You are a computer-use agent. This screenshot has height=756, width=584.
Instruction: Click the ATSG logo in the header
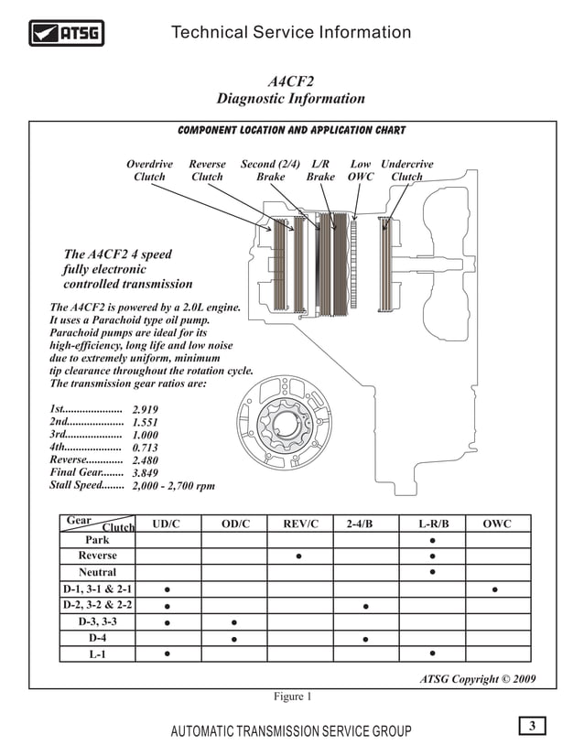(66, 34)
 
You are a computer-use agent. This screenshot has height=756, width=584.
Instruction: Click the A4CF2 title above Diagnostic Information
(291, 80)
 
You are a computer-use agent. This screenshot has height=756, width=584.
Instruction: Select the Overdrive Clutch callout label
(149, 170)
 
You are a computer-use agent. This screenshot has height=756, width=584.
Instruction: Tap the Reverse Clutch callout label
(207, 170)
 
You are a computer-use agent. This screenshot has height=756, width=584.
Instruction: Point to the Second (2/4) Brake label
(271, 170)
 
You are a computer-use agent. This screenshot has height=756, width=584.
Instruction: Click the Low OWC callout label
(361, 170)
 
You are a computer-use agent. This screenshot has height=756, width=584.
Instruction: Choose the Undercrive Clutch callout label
(406, 170)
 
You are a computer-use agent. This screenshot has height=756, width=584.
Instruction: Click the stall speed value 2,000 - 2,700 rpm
(174, 486)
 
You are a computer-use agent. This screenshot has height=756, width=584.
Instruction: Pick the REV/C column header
(300, 524)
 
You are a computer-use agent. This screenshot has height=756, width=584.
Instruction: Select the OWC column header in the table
(496, 524)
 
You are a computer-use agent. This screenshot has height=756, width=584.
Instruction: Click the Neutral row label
(97, 572)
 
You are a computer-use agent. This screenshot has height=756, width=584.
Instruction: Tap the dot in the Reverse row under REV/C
(299, 556)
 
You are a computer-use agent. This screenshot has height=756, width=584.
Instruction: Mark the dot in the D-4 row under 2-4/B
(365, 638)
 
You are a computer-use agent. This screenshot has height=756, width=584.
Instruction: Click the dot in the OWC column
(495, 589)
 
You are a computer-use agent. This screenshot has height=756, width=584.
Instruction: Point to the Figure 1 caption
(293, 697)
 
